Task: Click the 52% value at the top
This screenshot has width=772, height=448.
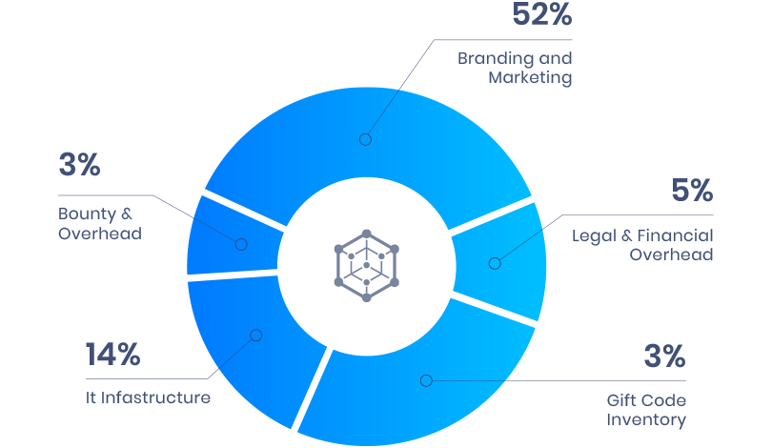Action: point(541,15)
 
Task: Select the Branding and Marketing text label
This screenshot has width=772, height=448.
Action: point(516,68)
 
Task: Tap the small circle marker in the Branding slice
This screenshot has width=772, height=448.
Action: point(365,139)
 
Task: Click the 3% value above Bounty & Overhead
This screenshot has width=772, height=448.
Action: point(79,165)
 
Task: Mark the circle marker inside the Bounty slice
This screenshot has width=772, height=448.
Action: point(241,245)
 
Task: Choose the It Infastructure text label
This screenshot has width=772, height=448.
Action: point(148,397)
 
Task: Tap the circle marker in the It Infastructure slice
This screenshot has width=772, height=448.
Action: point(254,335)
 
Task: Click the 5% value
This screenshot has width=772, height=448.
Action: point(691,191)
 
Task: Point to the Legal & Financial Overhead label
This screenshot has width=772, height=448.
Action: point(642,245)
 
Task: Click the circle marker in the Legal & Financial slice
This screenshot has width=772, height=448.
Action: point(494,263)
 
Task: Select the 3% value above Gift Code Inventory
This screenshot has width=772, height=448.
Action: point(664,357)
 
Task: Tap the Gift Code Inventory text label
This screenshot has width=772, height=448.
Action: point(646,410)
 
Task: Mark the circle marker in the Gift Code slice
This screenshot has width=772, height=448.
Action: point(426,380)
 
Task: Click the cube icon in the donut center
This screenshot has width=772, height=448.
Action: point(366,265)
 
